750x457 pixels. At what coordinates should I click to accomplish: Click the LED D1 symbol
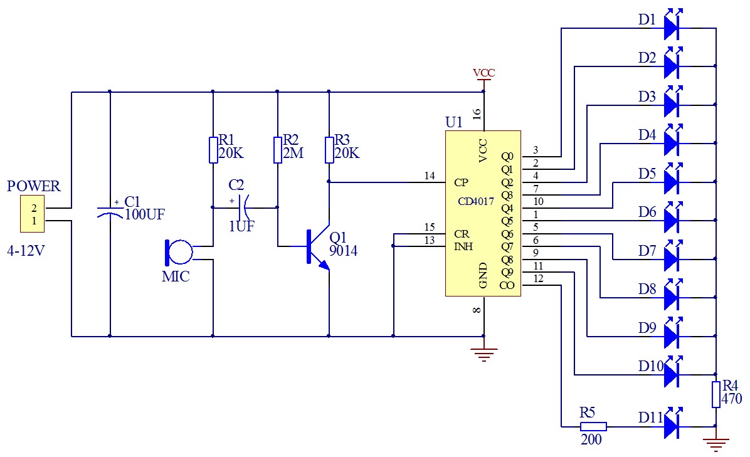pos(672,27)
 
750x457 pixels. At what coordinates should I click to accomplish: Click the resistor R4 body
pos(716,394)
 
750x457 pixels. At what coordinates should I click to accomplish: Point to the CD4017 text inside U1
pos(477,201)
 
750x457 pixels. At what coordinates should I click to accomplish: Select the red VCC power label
pos(483,73)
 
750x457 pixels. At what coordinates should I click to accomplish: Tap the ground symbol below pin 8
pos(483,354)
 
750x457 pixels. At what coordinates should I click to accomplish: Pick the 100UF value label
pos(145,214)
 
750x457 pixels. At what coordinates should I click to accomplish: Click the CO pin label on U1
pos(507,285)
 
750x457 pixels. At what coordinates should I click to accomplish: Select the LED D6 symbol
pos(672,219)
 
